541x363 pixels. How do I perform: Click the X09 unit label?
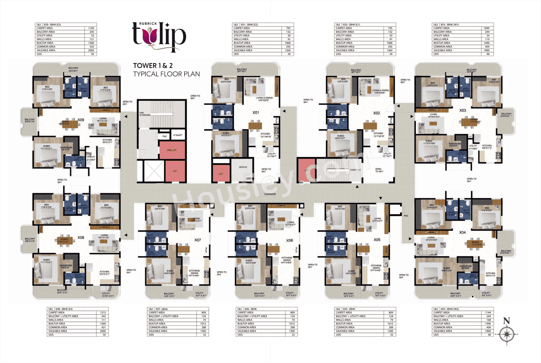tap(81, 120)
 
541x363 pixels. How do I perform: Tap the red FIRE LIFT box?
tap(172, 150)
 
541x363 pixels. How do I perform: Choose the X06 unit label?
tap(290, 240)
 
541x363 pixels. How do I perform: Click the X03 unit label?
tap(463, 110)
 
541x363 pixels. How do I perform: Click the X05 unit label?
tap(377, 240)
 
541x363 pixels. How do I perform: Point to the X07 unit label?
tap(197, 240)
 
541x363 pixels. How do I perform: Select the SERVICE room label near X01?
tap(243, 167)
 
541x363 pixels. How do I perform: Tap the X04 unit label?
tap(462, 232)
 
